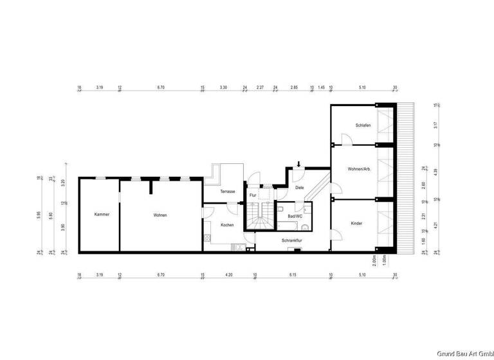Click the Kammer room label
point(102,214)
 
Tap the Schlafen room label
point(363,125)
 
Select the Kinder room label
point(356,223)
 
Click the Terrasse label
point(228,192)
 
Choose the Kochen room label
point(227,225)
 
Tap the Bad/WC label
point(295,217)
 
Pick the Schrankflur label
point(292,240)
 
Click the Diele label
point(299,188)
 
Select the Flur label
point(253,194)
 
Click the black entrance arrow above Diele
point(298,165)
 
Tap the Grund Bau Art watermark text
point(463,354)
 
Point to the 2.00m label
point(374,260)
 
